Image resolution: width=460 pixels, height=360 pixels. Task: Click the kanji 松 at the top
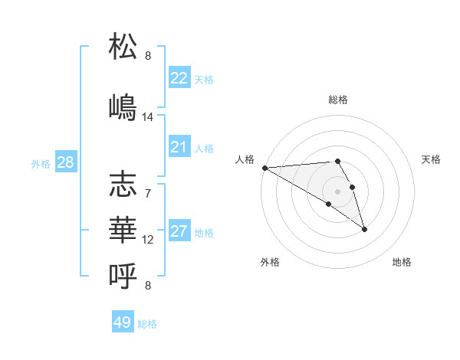[x=123, y=47]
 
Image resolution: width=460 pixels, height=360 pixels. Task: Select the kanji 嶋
[x=123, y=106]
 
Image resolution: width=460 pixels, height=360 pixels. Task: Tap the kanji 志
[x=123, y=185]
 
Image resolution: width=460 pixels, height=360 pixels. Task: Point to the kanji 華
[x=123, y=227]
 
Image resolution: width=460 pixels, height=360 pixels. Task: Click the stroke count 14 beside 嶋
[x=148, y=117]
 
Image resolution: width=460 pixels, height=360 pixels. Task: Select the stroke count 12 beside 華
[x=148, y=240]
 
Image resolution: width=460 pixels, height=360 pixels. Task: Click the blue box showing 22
[x=179, y=78]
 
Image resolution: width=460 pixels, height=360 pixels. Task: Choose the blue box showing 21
[x=179, y=147]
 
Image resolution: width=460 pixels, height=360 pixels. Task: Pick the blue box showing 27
[x=179, y=231]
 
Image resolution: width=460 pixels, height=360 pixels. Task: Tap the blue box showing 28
[x=65, y=162]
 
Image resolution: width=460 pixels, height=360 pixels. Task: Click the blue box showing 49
[x=123, y=322]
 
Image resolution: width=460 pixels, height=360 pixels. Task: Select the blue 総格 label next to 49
[x=147, y=324]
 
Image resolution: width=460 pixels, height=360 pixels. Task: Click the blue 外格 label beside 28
[x=41, y=163]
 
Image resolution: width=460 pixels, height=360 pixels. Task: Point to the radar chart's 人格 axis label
[x=245, y=159]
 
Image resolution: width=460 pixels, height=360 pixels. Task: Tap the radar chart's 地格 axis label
[x=402, y=262]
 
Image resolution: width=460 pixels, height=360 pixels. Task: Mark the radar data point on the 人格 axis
[x=264, y=168]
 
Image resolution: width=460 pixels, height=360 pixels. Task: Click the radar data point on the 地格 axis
[x=364, y=229]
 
